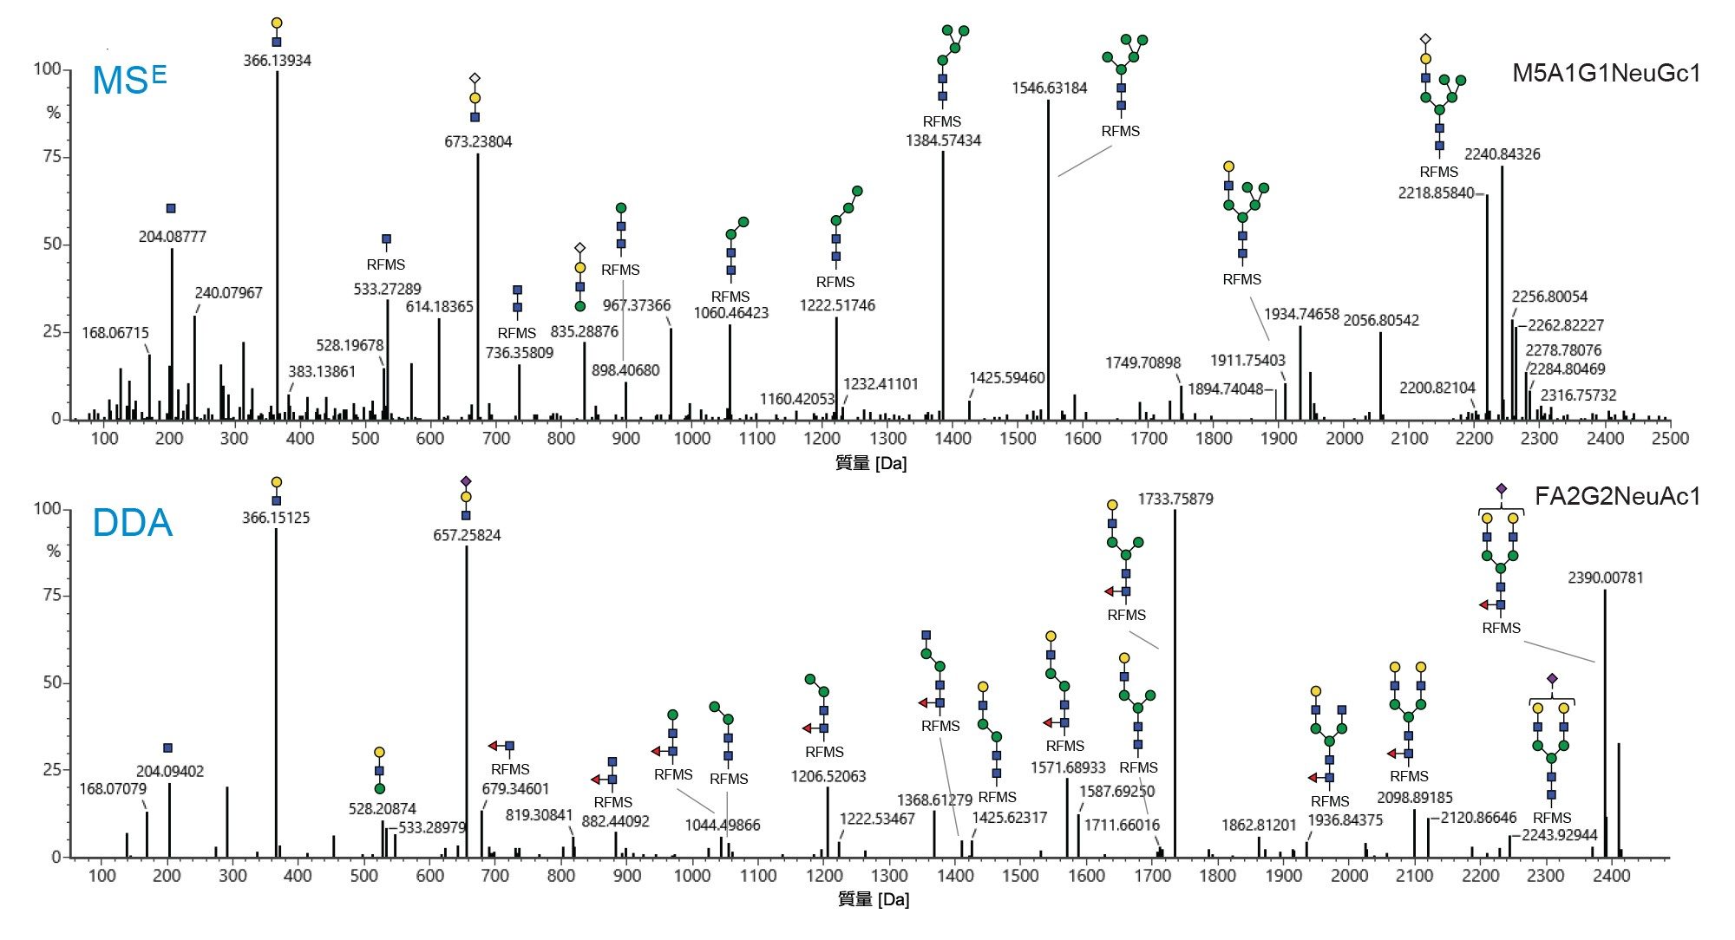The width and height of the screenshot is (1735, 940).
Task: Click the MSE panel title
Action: click(128, 81)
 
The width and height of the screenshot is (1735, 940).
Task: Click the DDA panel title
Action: click(132, 523)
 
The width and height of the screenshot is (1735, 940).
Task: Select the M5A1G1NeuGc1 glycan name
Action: click(1606, 74)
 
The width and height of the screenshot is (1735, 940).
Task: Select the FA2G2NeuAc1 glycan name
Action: click(1617, 497)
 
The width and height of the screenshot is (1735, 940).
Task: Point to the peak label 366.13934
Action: click(277, 61)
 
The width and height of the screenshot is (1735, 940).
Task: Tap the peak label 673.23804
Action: click(478, 142)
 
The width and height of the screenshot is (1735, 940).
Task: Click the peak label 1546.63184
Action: click(1049, 88)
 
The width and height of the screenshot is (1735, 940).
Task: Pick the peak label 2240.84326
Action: click(1502, 154)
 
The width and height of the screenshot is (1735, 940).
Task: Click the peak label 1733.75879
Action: click(1175, 499)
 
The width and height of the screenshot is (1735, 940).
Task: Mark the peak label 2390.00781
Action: click(1605, 578)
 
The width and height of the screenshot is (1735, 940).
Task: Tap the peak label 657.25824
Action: click(467, 536)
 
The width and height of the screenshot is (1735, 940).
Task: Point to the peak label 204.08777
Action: click(172, 237)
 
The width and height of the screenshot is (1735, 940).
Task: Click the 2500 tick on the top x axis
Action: click(1670, 439)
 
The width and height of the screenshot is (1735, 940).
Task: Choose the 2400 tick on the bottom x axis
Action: click(1612, 876)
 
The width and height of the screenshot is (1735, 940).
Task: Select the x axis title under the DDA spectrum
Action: click(873, 899)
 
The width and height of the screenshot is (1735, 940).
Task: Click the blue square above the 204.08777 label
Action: click(171, 209)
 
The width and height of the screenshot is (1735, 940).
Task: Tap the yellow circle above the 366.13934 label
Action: click(277, 23)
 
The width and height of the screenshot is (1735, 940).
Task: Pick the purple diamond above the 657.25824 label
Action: click(466, 481)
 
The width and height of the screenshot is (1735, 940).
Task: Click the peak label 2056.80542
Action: click(1381, 321)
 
